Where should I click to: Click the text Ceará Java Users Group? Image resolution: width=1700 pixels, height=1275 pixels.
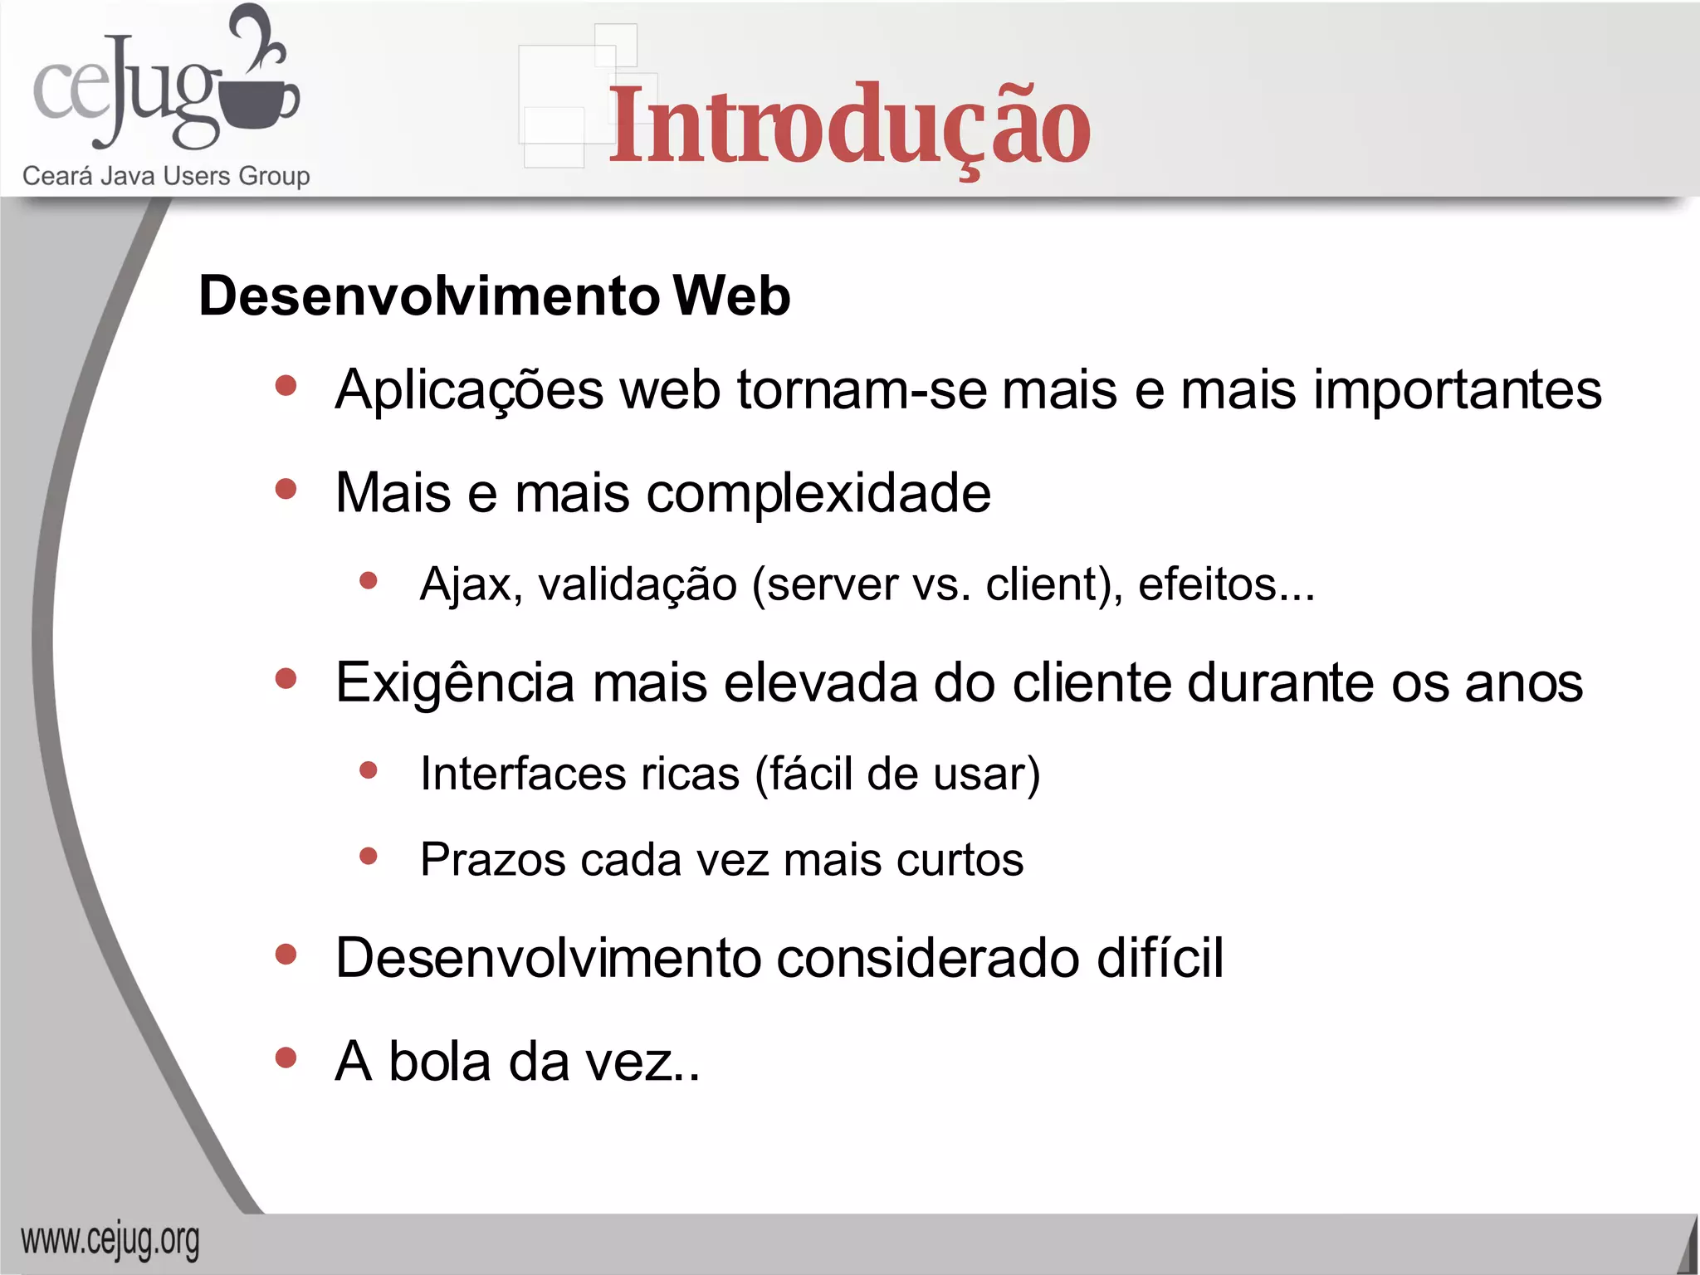click(166, 176)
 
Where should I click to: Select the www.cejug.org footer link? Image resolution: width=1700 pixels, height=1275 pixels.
click(110, 1241)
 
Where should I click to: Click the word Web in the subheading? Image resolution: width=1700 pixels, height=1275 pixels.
click(731, 296)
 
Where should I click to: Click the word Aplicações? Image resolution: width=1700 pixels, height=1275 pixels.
click(469, 391)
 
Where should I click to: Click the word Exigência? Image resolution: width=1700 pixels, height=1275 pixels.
click(455, 683)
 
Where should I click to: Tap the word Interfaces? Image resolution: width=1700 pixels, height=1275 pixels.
click(523, 774)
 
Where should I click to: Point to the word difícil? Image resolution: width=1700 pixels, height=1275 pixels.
click(1160, 958)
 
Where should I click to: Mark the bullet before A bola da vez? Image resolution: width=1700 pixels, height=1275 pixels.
click(286, 1058)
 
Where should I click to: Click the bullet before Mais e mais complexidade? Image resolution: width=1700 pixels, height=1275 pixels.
click(286, 489)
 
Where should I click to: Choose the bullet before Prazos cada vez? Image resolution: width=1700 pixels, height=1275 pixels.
click(369, 856)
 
